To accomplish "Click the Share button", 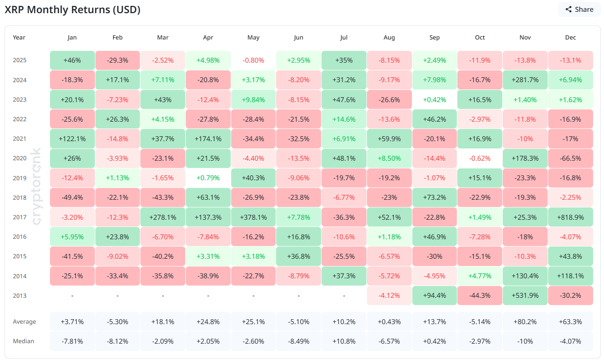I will click(579, 10).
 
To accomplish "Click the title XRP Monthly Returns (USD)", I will click(72, 10).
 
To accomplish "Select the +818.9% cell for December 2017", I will click(570, 217).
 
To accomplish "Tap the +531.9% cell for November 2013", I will click(525, 296).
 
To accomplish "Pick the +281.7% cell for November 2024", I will click(525, 80).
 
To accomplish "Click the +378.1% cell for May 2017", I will click(253, 217).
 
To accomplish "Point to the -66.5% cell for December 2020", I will click(570, 158).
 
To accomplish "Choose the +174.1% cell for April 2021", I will click(208, 139).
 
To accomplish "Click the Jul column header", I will click(344, 38).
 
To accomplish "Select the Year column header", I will click(19, 38).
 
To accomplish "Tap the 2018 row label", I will click(20, 198).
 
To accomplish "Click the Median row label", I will click(23, 341).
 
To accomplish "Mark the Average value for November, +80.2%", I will click(525, 321).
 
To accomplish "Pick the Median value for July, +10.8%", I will click(344, 341).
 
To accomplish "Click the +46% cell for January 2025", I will click(72, 60).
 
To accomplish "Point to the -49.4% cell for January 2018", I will click(72, 198).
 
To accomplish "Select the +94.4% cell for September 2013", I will click(434, 296).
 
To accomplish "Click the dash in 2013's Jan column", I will click(72, 296).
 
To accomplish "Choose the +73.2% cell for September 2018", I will click(434, 198).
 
